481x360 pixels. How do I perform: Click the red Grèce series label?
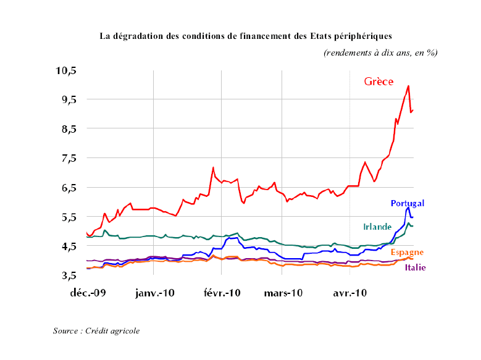[379, 82]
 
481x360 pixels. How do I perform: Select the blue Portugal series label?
[408, 203]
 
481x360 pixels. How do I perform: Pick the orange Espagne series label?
[408, 253]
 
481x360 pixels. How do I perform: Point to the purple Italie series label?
[416, 267]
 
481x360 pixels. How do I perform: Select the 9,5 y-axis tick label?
[67, 99]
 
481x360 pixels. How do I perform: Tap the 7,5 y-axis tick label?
[67, 158]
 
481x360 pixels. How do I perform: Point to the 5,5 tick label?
[67, 217]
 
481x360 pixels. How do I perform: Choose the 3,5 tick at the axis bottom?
[67, 275]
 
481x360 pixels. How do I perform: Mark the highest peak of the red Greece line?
[408, 86]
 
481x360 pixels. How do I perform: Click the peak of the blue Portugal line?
[408, 207]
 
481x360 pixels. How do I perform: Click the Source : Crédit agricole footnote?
[96, 331]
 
